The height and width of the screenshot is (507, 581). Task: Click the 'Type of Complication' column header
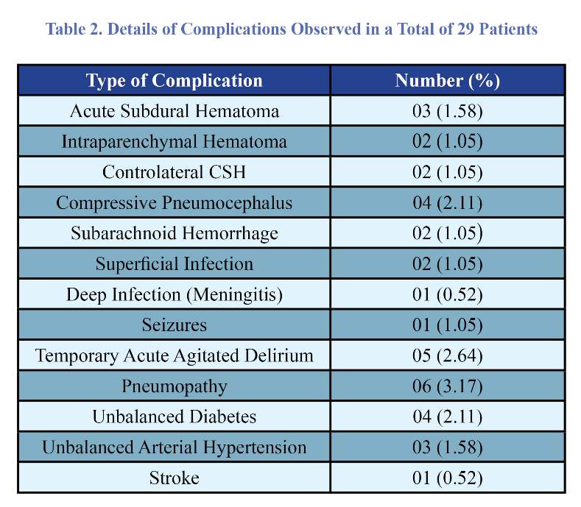point(174,81)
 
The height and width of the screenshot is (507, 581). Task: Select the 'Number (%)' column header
point(447,81)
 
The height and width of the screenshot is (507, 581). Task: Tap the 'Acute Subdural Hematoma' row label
point(174,111)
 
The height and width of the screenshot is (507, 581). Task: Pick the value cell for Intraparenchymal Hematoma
point(447,141)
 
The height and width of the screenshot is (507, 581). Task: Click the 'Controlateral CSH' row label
point(174,172)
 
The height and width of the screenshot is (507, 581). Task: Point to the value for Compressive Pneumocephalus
point(447,203)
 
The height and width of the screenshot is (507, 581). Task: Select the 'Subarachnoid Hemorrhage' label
point(174,234)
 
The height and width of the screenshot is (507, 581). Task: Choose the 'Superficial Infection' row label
point(174,264)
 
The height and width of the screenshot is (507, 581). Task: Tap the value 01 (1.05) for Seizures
point(447,325)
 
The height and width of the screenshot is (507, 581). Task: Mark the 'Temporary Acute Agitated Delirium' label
point(174,356)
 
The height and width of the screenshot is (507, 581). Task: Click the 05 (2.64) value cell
point(447,356)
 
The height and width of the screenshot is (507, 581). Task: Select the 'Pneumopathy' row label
point(174,387)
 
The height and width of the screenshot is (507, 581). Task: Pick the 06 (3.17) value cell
point(447,386)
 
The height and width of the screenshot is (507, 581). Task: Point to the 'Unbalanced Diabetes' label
point(174,416)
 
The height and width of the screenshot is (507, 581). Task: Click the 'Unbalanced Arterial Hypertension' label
point(174,447)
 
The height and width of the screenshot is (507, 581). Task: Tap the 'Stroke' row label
point(174,478)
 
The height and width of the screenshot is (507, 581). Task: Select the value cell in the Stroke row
point(447,478)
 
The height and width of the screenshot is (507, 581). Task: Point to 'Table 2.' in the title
point(74,29)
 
